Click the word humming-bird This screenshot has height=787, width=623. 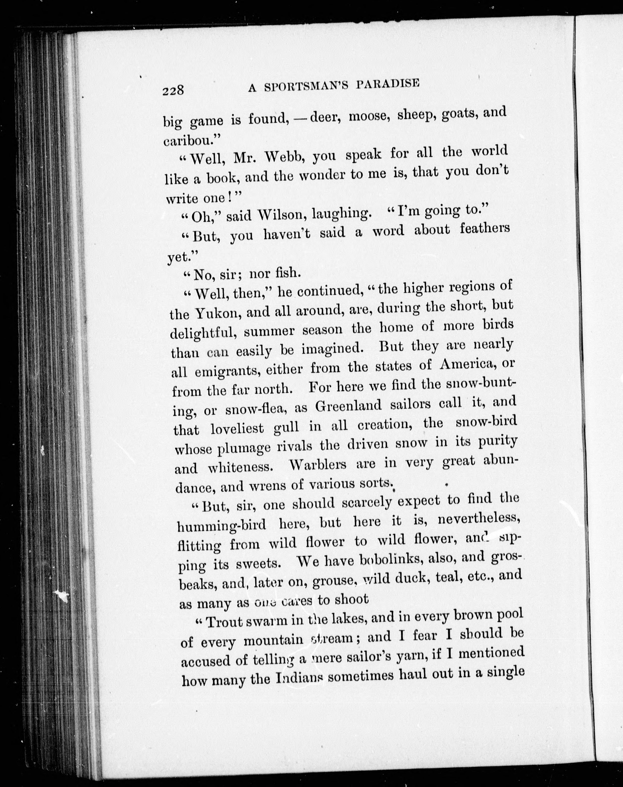tap(221, 526)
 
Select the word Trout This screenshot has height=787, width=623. tap(225, 621)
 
